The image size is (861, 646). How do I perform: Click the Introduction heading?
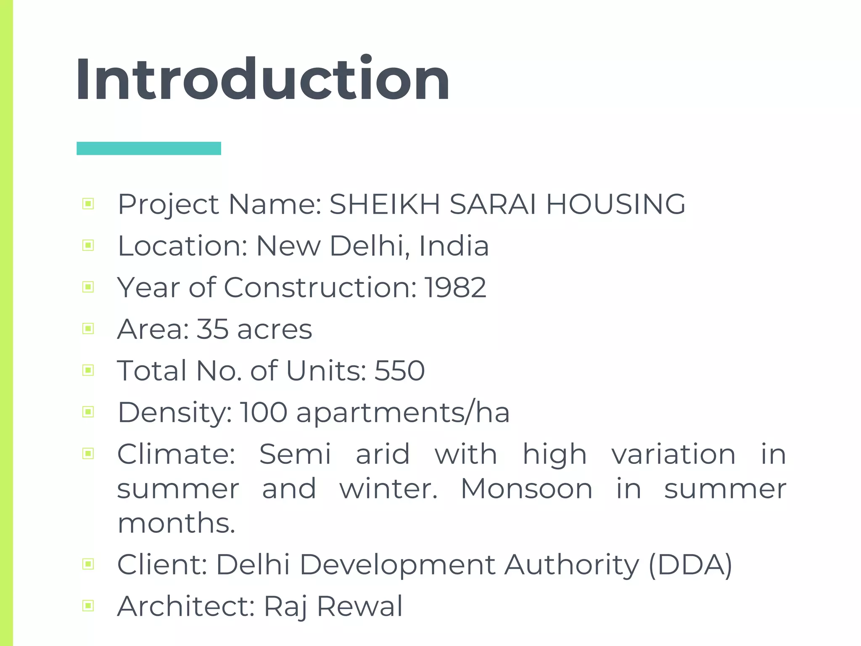263,79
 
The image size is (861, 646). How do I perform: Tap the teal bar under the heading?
149,148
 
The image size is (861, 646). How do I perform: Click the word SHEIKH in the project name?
385,204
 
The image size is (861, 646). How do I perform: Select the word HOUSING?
616,204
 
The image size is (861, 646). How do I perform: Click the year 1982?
455,288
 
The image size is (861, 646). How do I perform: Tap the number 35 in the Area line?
212,329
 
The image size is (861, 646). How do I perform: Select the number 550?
399,371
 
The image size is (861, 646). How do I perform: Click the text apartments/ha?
403,413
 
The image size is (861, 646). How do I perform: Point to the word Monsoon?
527,489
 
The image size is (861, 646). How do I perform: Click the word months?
176,524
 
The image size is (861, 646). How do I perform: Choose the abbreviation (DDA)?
690,564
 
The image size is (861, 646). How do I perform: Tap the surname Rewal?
360,606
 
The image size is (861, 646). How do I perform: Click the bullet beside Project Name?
88,204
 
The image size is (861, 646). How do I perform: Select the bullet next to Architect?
88,606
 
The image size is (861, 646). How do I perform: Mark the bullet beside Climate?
88,453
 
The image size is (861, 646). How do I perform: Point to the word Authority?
572,565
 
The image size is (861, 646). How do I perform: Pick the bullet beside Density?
88,412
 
